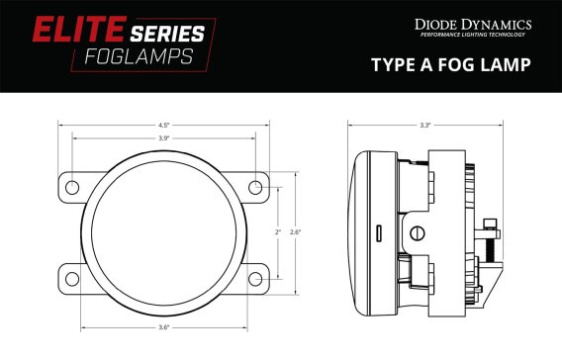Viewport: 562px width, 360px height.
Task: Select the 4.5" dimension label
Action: [x=163, y=125]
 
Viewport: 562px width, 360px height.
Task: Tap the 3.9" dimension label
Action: [x=163, y=138]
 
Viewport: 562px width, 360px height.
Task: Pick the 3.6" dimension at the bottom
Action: [x=163, y=326]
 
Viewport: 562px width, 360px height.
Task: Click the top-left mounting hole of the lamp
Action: [x=72, y=187]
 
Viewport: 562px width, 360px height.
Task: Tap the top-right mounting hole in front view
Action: [x=254, y=187]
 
